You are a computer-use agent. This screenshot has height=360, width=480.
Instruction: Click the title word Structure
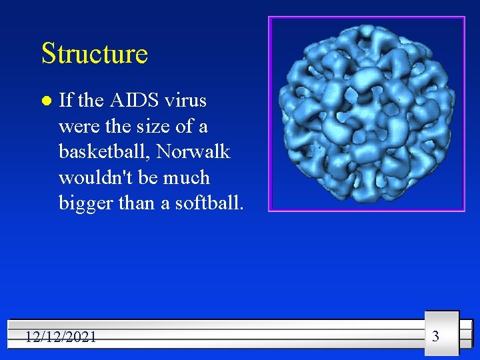tap(94, 53)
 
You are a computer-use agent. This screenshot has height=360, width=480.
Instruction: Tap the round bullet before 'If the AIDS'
tap(45, 101)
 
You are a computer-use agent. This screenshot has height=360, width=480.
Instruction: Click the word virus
tap(185, 101)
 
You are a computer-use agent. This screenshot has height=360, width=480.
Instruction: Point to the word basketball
tap(105, 152)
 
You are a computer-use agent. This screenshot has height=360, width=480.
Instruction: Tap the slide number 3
tap(435, 336)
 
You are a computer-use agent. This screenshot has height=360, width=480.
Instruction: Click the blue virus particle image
tap(367, 113)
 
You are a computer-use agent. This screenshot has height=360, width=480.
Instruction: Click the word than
tap(136, 203)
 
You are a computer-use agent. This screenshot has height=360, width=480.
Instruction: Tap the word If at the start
tap(66, 101)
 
